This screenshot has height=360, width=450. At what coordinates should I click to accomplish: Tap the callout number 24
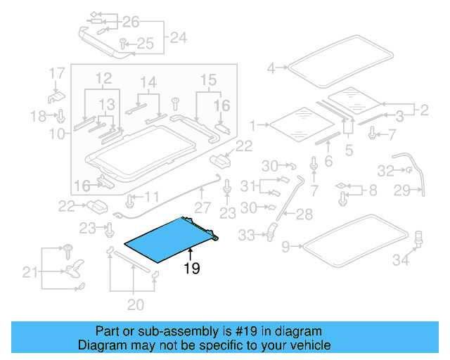pos(179,37)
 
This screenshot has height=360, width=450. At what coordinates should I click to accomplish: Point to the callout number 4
pos(271,68)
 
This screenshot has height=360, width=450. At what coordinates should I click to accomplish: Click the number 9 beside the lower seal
pos(285,246)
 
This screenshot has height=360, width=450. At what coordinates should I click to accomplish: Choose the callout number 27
pos(202,208)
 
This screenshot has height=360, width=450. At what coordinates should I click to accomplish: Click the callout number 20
pos(135,304)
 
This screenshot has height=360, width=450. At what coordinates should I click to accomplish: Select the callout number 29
pos(421,191)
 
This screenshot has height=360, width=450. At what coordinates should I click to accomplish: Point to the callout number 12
pos(103,77)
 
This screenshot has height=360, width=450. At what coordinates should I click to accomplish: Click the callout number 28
pos(304,214)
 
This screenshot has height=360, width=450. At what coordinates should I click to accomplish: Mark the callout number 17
pos(56,72)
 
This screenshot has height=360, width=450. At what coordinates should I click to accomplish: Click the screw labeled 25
pos(123,44)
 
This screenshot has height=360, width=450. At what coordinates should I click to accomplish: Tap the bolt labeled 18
pos(61,115)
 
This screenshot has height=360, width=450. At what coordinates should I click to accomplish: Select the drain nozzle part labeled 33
pos(270,229)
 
